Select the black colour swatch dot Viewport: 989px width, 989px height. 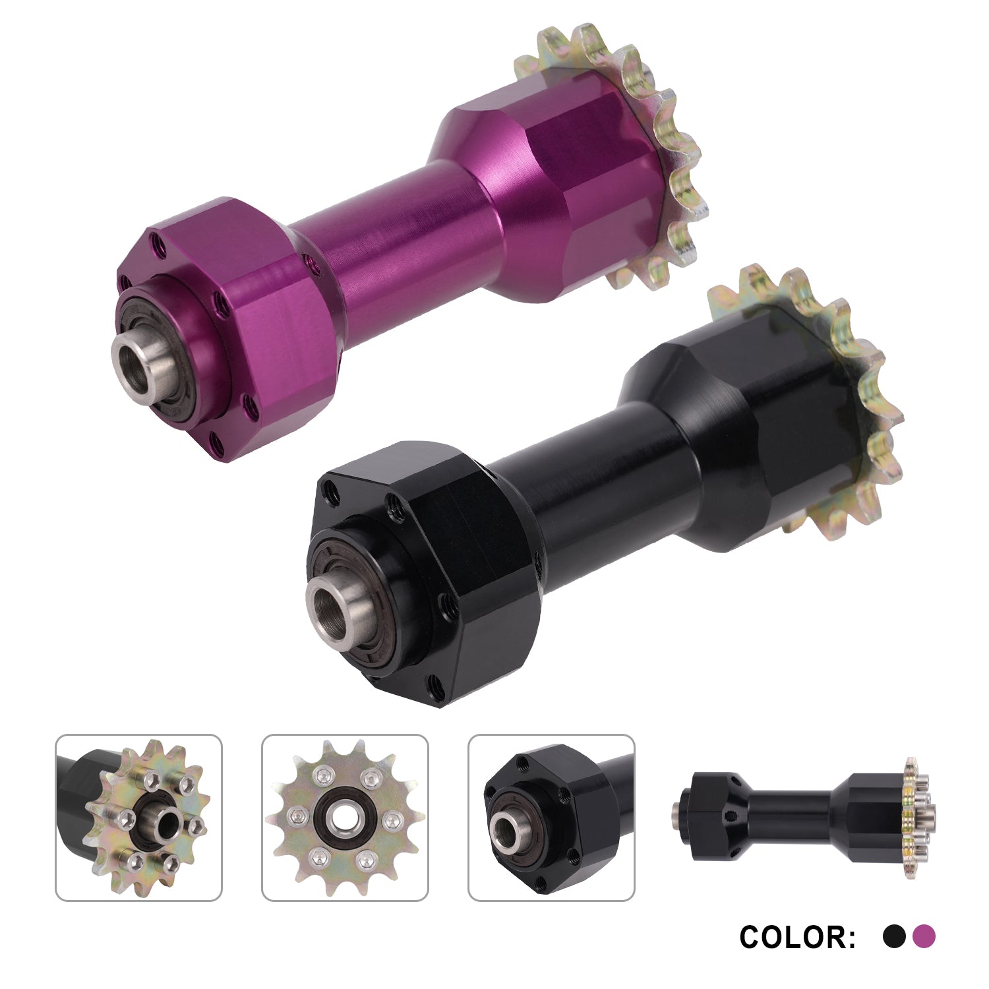tap(894, 936)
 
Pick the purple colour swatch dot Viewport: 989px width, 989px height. tap(924, 936)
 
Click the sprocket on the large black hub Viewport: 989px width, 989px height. tap(818, 396)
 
